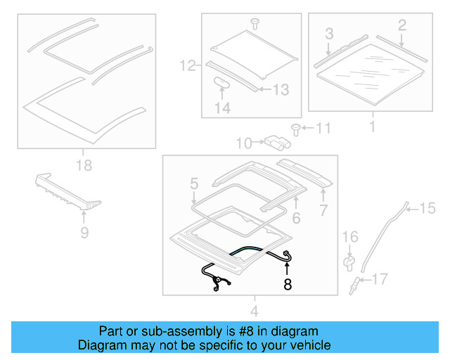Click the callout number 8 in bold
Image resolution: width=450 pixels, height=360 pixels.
[x=287, y=285]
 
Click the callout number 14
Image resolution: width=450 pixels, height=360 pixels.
[x=223, y=108]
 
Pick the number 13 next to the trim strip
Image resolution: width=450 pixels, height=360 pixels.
[x=280, y=89]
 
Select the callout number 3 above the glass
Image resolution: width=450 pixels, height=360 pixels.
[x=328, y=34]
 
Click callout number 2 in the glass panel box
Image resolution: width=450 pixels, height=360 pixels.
[x=401, y=26]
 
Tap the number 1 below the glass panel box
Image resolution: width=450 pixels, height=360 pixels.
[x=372, y=127]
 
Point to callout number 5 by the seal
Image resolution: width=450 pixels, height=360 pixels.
[x=194, y=184]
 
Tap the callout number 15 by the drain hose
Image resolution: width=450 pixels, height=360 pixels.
[x=427, y=207]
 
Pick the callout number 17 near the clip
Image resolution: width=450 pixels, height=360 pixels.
[x=379, y=280]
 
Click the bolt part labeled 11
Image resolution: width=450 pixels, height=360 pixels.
[x=297, y=129]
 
